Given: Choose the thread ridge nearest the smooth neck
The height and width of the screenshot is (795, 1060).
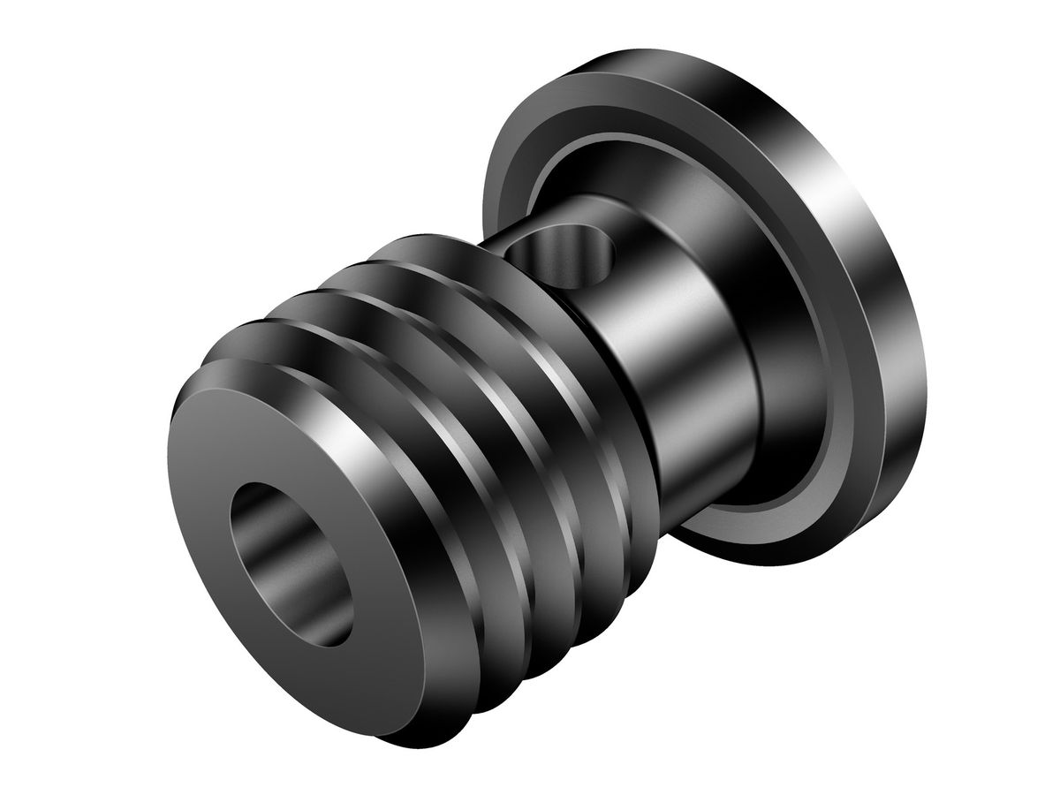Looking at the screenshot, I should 530,318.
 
